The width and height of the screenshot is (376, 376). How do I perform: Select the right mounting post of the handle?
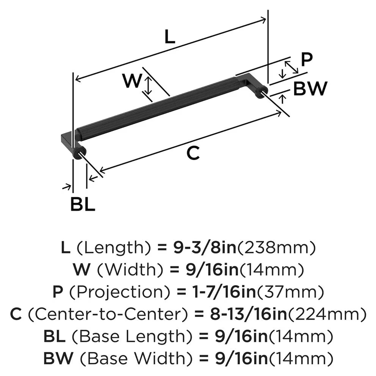coord(261,92)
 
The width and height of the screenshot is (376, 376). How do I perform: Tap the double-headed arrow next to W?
coord(149,85)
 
